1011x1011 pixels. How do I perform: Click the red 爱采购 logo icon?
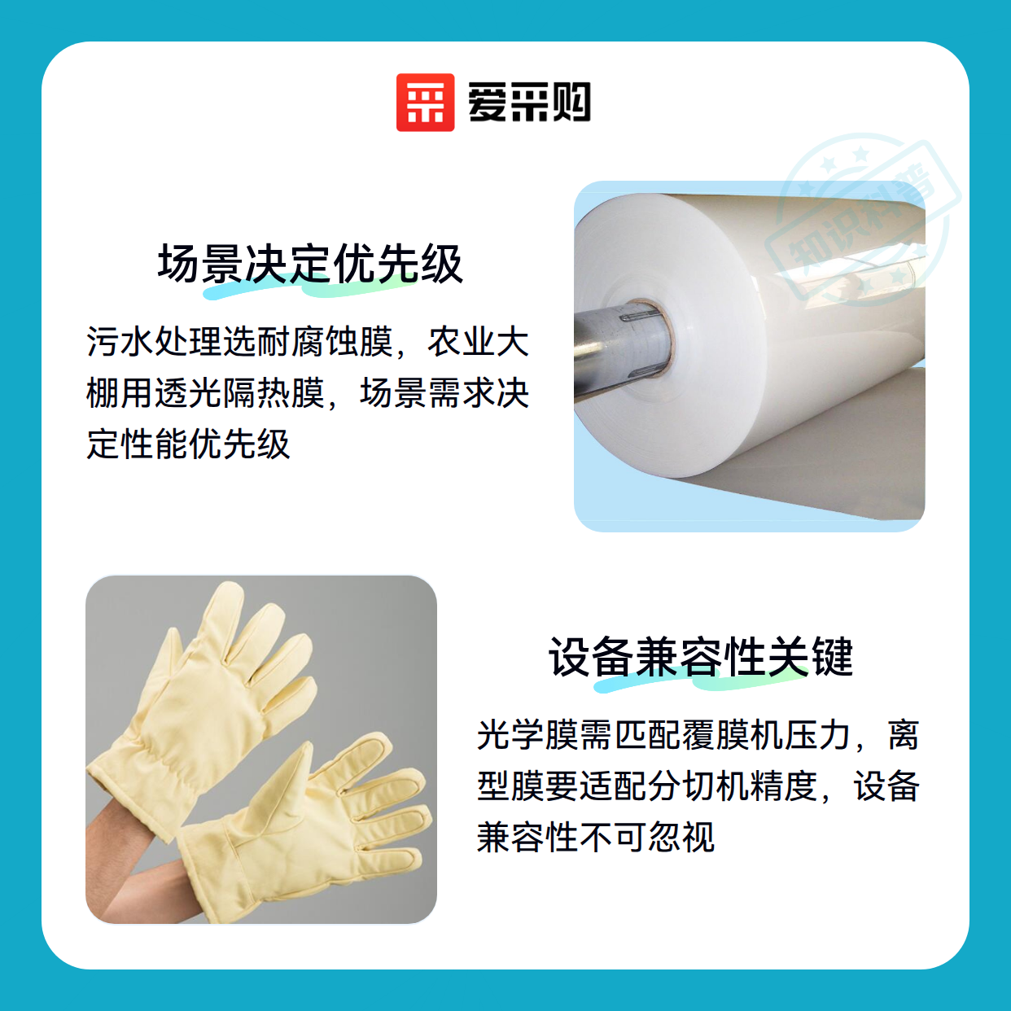click(x=425, y=103)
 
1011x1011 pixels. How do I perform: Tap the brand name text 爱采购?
click(x=529, y=103)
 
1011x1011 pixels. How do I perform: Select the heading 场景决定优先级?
click(x=310, y=264)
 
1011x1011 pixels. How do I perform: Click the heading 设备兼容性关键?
click(x=701, y=657)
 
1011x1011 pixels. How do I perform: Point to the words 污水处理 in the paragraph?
click(x=154, y=342)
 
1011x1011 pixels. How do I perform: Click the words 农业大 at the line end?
click(x=478, y=342)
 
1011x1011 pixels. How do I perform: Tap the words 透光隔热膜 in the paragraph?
click(x=239, y=393)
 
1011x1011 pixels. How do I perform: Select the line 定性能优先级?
click(x=188, y=444)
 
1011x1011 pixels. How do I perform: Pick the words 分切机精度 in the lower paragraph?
click(x=732, y=786)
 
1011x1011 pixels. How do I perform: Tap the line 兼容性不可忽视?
click(x=596, y=836)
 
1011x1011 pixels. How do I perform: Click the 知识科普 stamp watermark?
click(x=863, y=221)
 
